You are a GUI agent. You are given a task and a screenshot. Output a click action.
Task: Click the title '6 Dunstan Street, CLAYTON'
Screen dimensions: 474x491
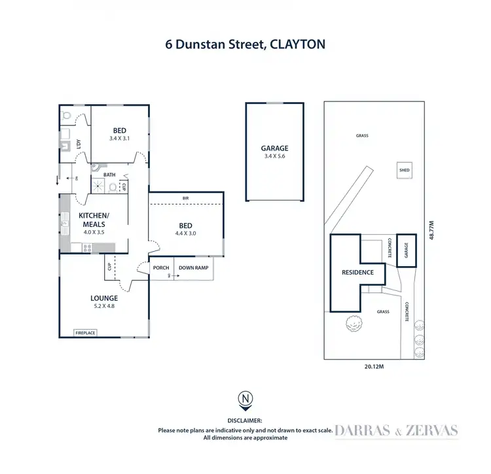tap(245, 44)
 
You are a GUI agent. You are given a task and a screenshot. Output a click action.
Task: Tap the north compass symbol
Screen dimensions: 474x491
tap(245, 399)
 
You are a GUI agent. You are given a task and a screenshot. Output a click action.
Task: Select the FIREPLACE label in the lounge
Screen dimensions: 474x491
tap(85, 333)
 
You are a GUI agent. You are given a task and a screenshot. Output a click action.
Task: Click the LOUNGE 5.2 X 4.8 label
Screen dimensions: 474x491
tap(104, 302)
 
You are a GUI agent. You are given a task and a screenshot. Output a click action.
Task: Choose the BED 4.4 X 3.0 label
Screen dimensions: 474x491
tap(186, 228)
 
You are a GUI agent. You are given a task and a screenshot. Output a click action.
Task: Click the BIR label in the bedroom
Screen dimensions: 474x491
tap(186, 197)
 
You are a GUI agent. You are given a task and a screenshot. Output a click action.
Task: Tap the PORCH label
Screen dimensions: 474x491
tap(161, 267)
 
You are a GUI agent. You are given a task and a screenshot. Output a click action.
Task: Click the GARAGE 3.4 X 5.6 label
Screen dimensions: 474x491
tap(274, 152)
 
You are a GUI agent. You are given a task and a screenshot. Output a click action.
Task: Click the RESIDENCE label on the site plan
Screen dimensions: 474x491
tap(357, 272)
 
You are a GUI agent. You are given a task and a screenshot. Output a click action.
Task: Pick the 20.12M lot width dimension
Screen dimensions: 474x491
tap(374, 367)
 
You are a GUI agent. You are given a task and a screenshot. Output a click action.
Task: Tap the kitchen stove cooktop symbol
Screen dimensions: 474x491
tap(87, 248)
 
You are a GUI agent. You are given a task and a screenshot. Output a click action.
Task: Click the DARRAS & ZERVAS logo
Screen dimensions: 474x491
tap(397, 430)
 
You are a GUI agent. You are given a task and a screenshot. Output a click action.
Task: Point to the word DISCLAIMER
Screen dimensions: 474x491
tap(245, 420)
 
